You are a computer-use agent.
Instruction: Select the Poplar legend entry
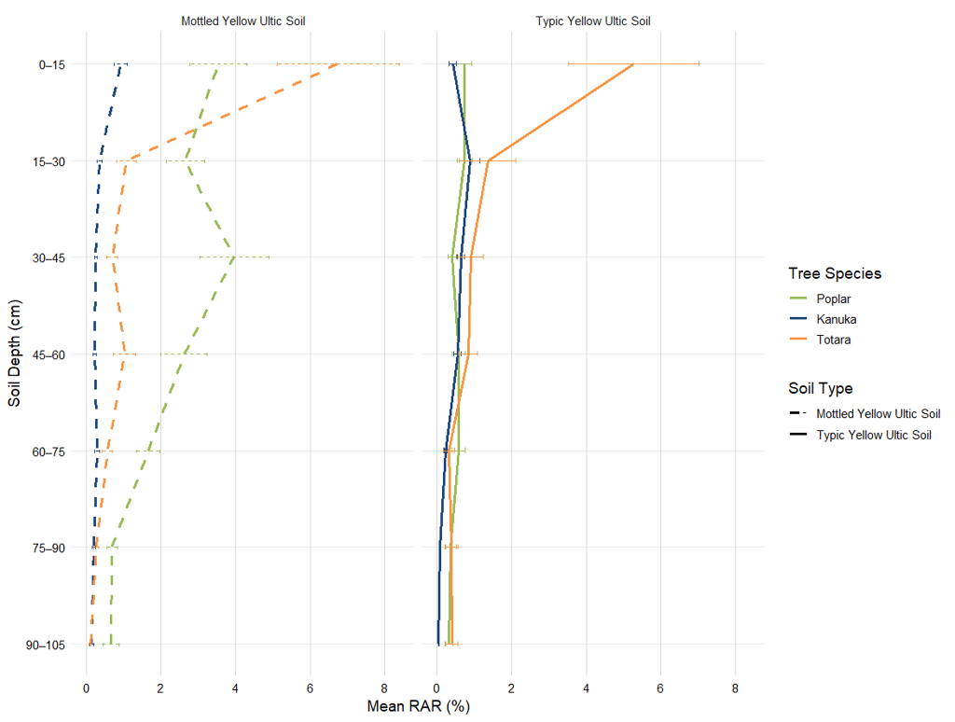pos(833,299)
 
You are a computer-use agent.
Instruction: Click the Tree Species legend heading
pos(835,273)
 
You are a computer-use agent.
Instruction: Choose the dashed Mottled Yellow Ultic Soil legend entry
pos(878,413)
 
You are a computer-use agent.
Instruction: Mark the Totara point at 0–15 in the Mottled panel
pos(339,64)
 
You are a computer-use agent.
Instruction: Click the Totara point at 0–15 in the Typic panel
pos(633,64)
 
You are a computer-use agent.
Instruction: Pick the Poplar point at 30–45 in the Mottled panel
pos(234,257)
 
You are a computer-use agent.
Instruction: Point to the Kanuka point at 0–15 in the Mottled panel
pos(120,64)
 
